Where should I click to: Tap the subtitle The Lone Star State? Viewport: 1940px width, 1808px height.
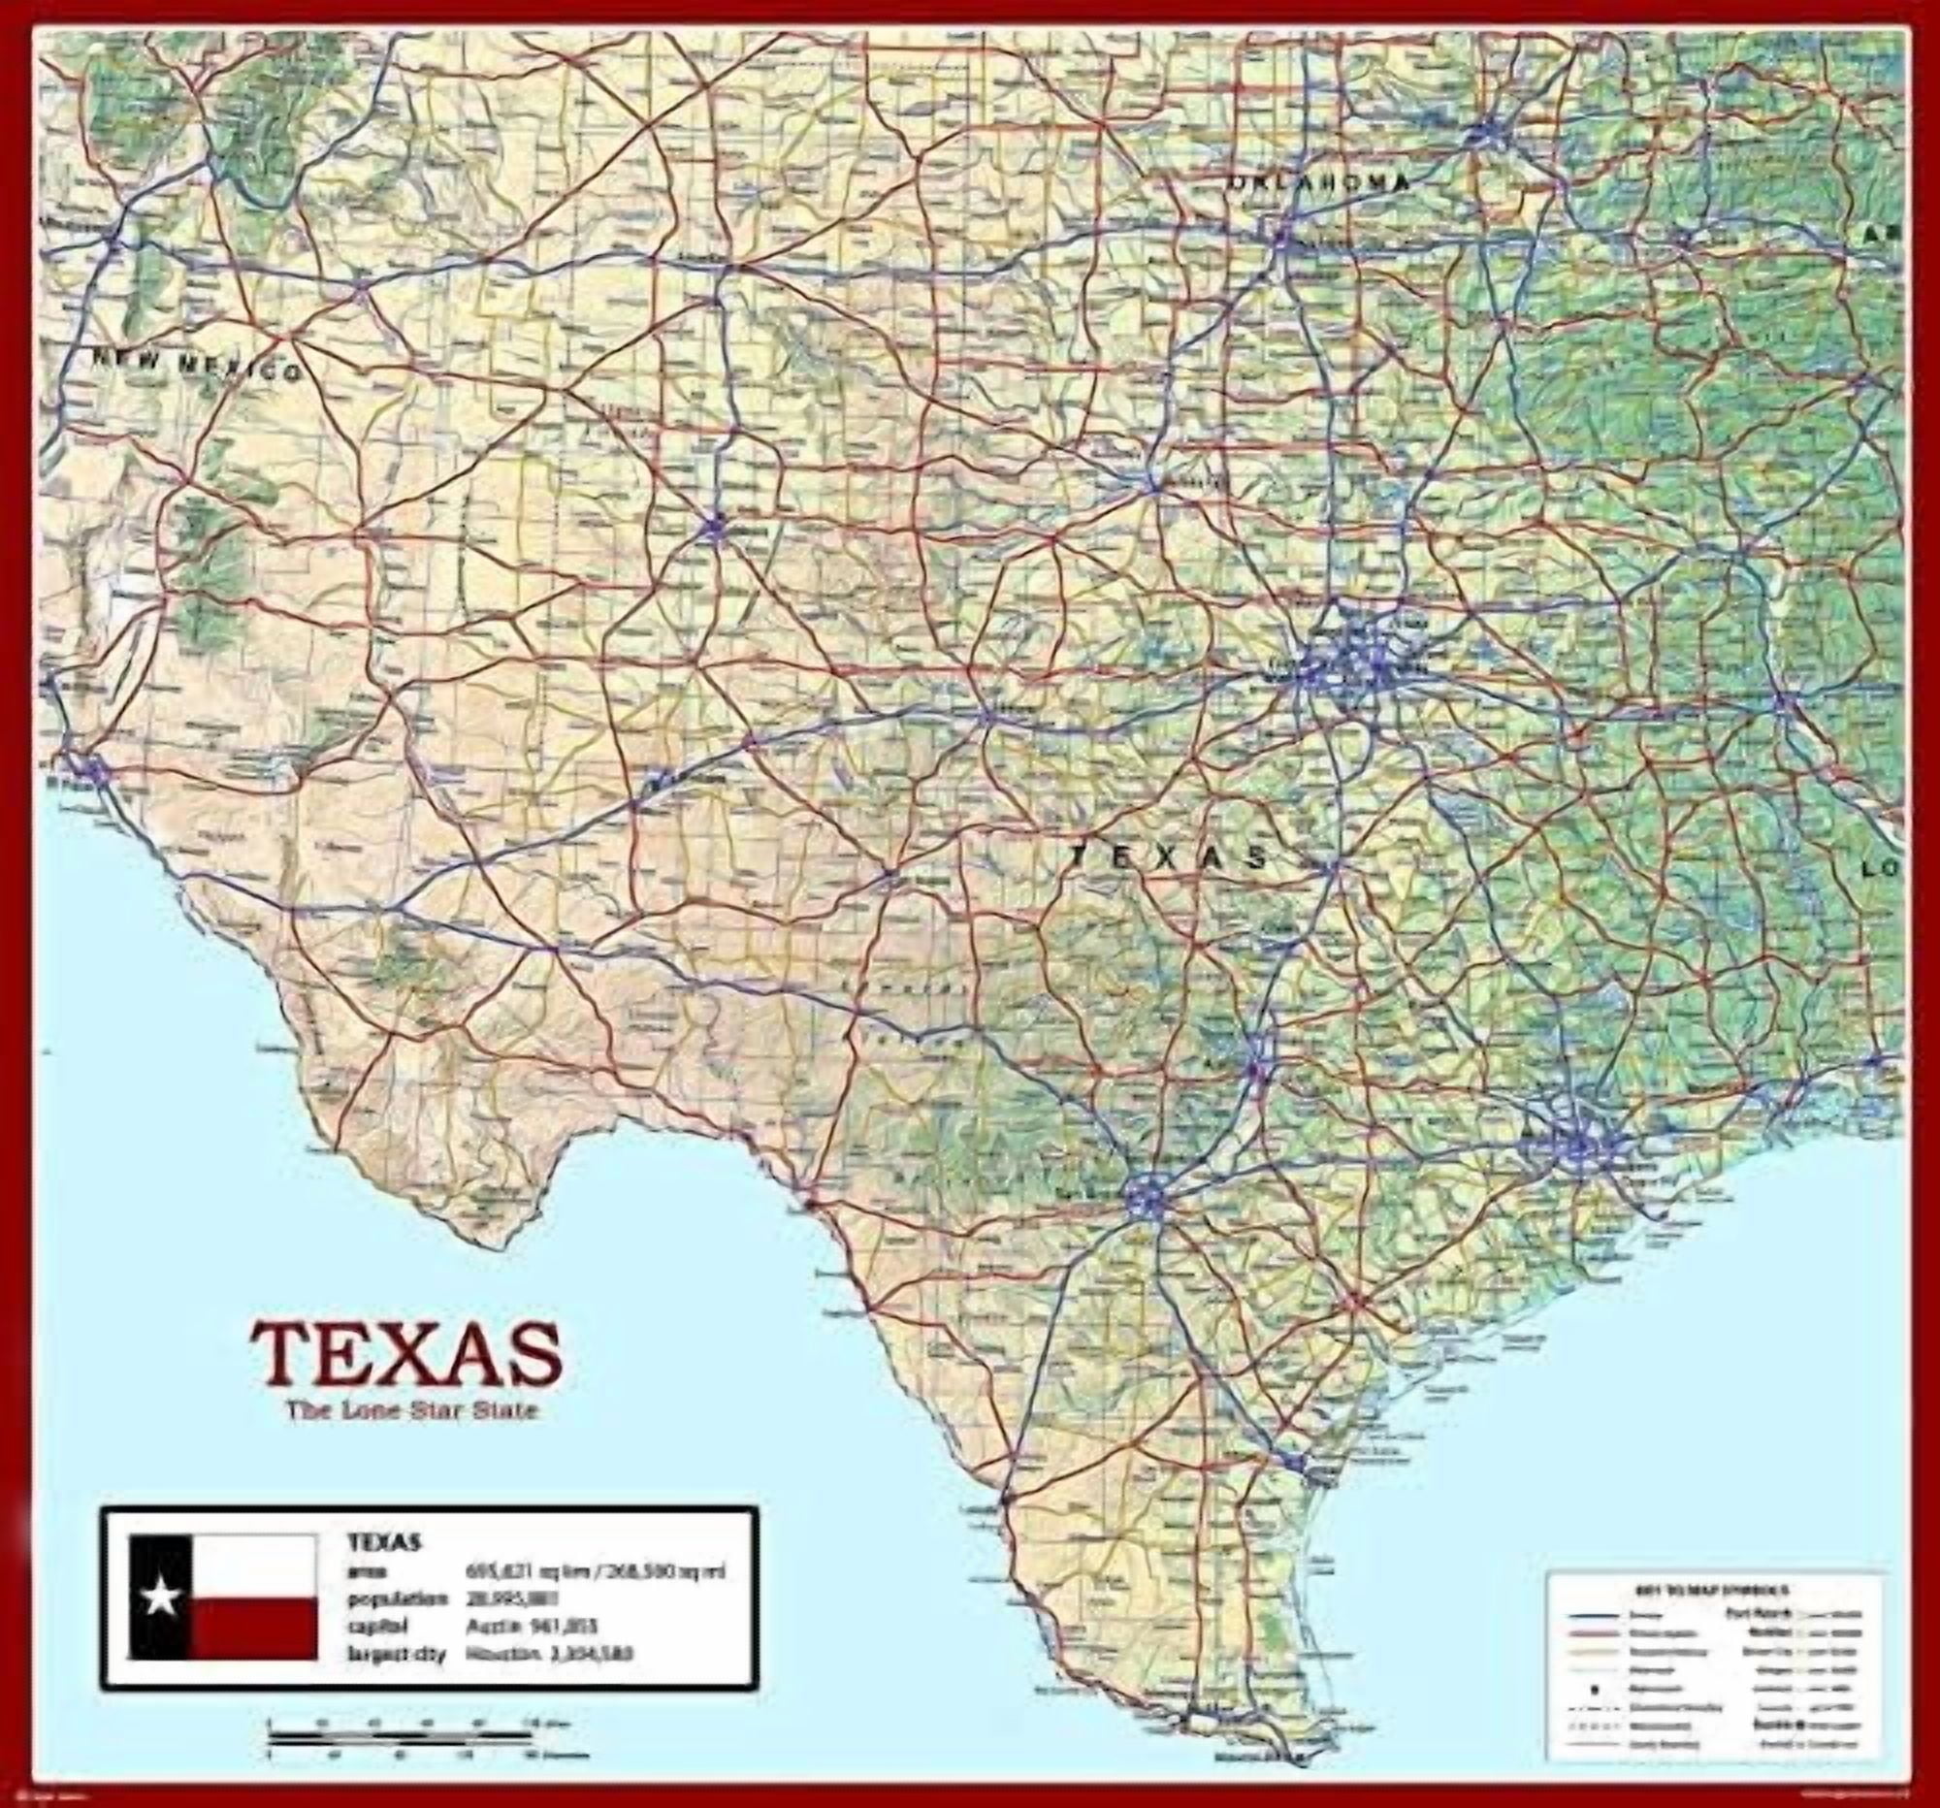411,1411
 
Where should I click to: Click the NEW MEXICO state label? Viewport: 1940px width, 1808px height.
195,366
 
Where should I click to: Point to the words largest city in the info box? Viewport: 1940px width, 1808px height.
395,1653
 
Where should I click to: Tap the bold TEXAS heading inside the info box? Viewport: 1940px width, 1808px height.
383,1542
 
